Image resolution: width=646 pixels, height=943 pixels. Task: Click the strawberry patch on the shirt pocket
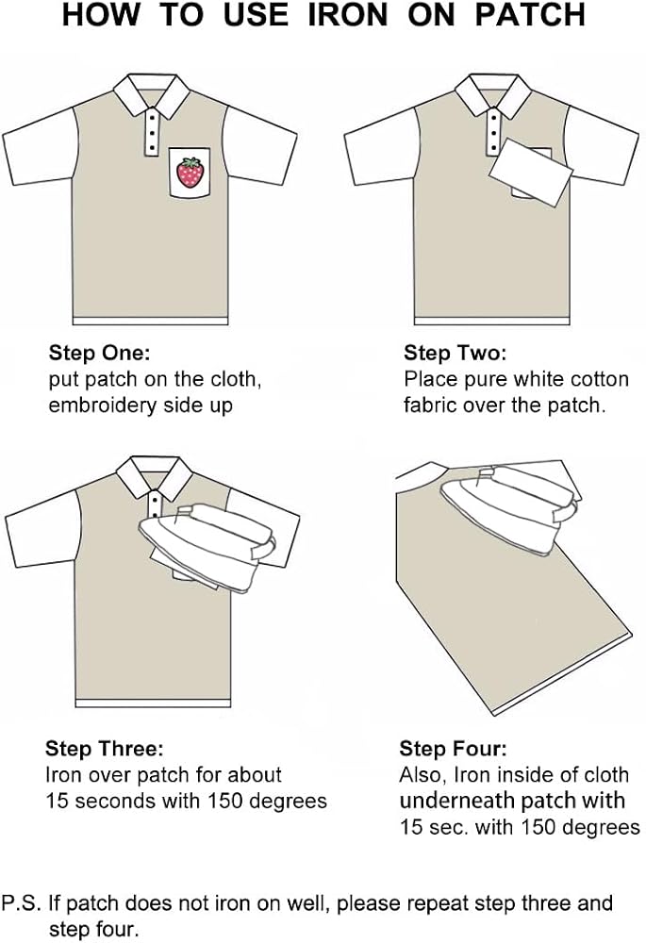(190, 173)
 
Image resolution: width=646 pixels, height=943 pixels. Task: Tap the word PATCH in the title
(530, 14)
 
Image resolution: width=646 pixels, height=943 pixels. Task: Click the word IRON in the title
(348, 14)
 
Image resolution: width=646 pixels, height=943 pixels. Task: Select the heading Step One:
(99, 353)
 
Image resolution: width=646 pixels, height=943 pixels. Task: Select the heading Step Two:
(456, 353)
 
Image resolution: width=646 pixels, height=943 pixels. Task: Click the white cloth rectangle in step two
(531, 172)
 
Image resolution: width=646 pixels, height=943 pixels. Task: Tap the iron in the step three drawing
(207, 545)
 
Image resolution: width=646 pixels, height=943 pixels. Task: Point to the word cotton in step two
(599, 379)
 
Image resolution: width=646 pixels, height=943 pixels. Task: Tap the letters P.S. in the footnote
(22, 902)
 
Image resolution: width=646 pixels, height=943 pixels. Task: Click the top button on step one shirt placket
(152, 117)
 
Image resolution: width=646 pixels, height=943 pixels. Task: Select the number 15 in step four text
(411, 828)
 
